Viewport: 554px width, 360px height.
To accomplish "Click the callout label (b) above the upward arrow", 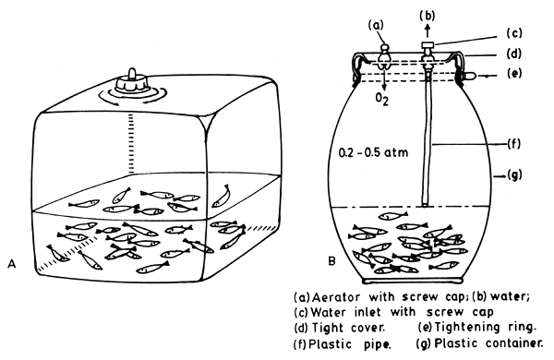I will [428, 14].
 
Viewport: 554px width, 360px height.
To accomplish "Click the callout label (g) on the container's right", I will [520, 172].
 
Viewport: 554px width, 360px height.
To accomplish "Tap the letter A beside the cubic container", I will [12, 265].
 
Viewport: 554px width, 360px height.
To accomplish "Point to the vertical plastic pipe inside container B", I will [428, 148].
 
